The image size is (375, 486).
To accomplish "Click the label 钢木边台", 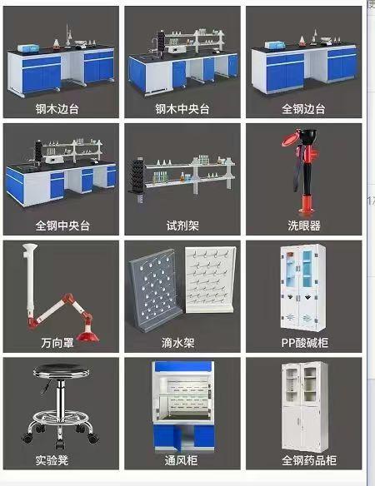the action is pos(57,109).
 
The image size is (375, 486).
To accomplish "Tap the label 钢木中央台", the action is pos(182,109).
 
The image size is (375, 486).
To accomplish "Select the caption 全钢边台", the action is pos(303,109).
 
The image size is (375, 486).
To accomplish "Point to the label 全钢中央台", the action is pos(62,226).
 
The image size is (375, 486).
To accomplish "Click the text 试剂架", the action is pos(182,226).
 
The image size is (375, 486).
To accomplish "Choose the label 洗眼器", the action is pos(304,226).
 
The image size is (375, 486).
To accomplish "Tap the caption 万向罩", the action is pos(57,343).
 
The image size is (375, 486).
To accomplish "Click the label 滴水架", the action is pos(177,343).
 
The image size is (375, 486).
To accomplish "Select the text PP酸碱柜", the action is pos(304,343).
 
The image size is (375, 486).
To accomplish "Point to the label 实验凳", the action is pos(52,460).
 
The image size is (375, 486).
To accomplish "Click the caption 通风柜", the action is pos(181,460).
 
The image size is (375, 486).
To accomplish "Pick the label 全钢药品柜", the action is pos(309,460).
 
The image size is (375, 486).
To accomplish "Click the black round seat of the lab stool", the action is pos(61,370).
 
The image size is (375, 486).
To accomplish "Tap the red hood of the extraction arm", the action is pos(87,335).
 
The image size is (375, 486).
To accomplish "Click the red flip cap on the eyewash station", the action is pos(290,138).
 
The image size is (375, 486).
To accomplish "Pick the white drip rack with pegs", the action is pos(210,279).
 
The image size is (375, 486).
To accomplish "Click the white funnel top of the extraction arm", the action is pos(30,249).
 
